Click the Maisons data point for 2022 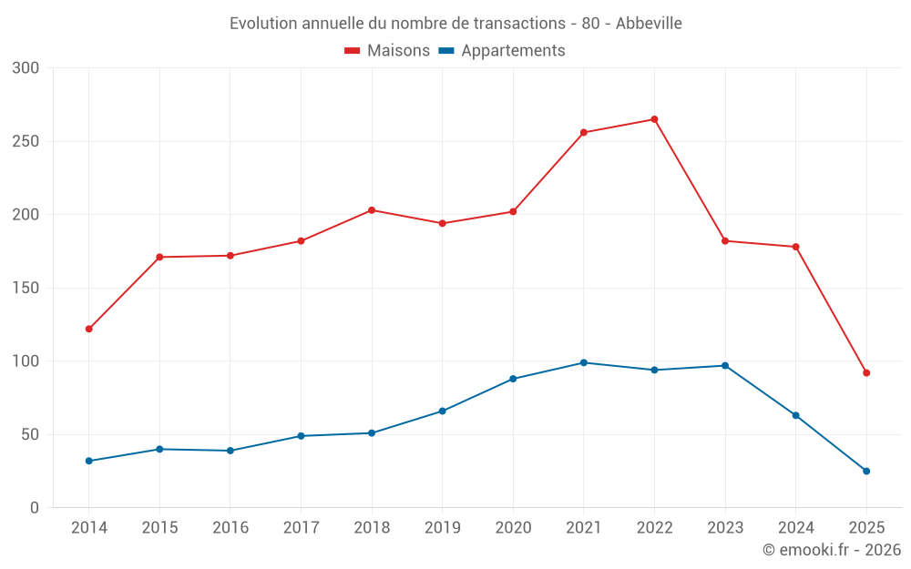pyautogui.click(x=654, y=119)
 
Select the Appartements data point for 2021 pyautogui.click(x=584, y=362)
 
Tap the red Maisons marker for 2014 pyautogui.click(x=88, y=329)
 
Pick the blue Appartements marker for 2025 pyautogui.click(x=866, y=471)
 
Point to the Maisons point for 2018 pyautogui.click(x=372, y=210)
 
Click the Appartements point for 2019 pyautogui.click(x=442, y=411)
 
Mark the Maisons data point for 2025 pyautogui.click(x=866, y=372)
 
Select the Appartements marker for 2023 pyautogui.click(x=725, y=366)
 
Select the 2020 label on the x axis pyautogui.click(x=513, y=528)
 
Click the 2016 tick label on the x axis pyautogui.click(x=230, y=528)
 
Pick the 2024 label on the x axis pyautogui.click(x=795, y=528)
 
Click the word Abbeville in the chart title pyautogui.click(x=649, y=24)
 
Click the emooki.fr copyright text pyautogui.click(x=832, y=550)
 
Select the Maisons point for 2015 pyautogui.click(x=159, y=257)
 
